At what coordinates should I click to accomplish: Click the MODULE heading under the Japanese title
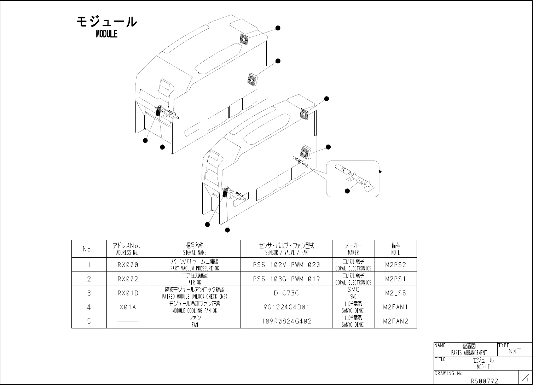pos(106,34)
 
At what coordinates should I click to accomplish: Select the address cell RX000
pos(128,265)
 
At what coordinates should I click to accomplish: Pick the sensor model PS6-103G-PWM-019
pos(286,279)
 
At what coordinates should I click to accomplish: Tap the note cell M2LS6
pos(395,293)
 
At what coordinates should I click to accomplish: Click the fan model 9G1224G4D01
pos(286,307)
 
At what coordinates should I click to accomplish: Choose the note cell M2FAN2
pos(395,321)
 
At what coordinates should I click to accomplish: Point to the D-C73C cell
pos(286,293)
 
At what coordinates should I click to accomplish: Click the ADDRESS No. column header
pos(127,249)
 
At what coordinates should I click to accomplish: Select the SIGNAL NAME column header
pos(195,249)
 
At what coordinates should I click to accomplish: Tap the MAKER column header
pos(353,249)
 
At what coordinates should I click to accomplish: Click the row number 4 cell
pos(89,307)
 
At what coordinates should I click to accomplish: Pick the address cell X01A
pos(128,307)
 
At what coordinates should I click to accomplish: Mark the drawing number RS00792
pos(484,381)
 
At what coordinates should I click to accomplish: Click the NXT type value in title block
pos(515,351)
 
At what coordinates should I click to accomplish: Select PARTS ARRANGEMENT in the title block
pos(469,352)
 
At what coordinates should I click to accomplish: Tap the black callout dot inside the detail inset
pos(347,191)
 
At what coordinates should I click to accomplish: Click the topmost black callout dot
pos(278,28)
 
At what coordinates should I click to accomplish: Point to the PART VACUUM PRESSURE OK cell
pos(195,265)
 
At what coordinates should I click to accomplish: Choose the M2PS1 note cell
pos(395,279)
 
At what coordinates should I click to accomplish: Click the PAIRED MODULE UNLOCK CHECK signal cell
pos(195,293)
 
